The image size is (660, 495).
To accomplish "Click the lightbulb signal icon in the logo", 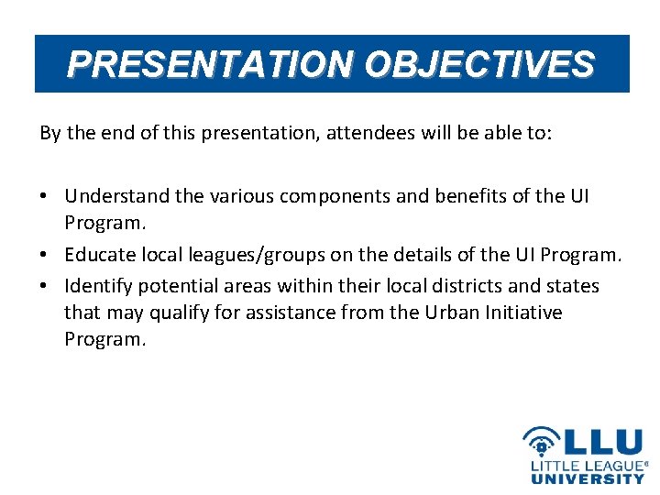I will [542, 442].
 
